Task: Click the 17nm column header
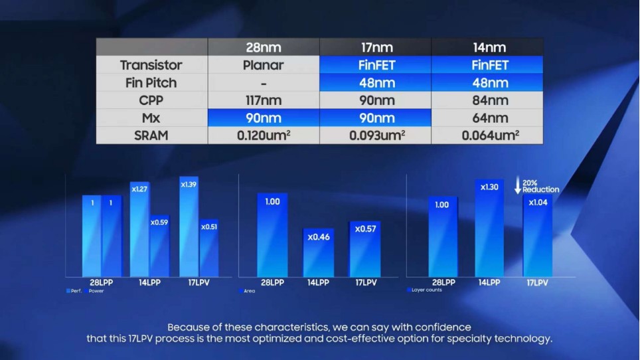(375, 47)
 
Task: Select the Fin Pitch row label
(151, 83)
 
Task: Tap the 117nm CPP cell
(264, 101)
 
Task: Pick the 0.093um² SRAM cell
(375, 135)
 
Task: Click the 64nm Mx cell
(487, 118)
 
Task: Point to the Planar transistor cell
(264, 65)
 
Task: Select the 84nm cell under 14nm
(487, 101)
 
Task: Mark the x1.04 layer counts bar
(538, 236)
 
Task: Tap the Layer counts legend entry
(426, 290)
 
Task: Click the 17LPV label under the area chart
(366, 282)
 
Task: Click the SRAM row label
(151, 135)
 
